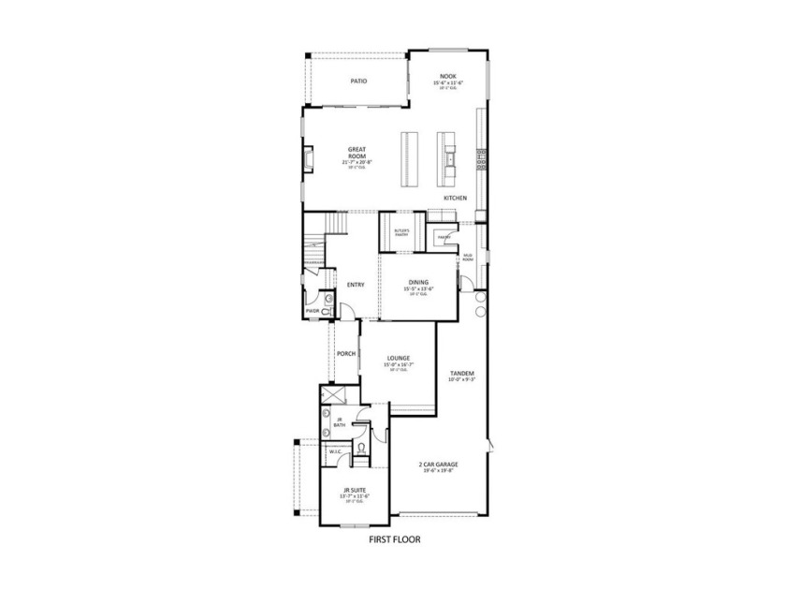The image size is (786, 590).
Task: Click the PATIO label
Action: [x=358, y=81]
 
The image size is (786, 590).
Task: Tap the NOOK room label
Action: [x=448, y=79]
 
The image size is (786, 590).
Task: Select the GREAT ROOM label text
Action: [x=357, y=152]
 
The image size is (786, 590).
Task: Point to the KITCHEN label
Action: [x=455, y=198]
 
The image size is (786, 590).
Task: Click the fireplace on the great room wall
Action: [x=306, y=160]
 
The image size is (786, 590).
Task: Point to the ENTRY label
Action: [x=356, y=285]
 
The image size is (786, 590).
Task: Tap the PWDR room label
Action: [x=313, y=311]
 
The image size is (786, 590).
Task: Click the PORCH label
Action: [x=345, y=353]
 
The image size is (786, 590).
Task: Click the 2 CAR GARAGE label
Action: [x=438, y=464]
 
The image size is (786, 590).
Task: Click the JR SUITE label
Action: [x=353, y=490]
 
